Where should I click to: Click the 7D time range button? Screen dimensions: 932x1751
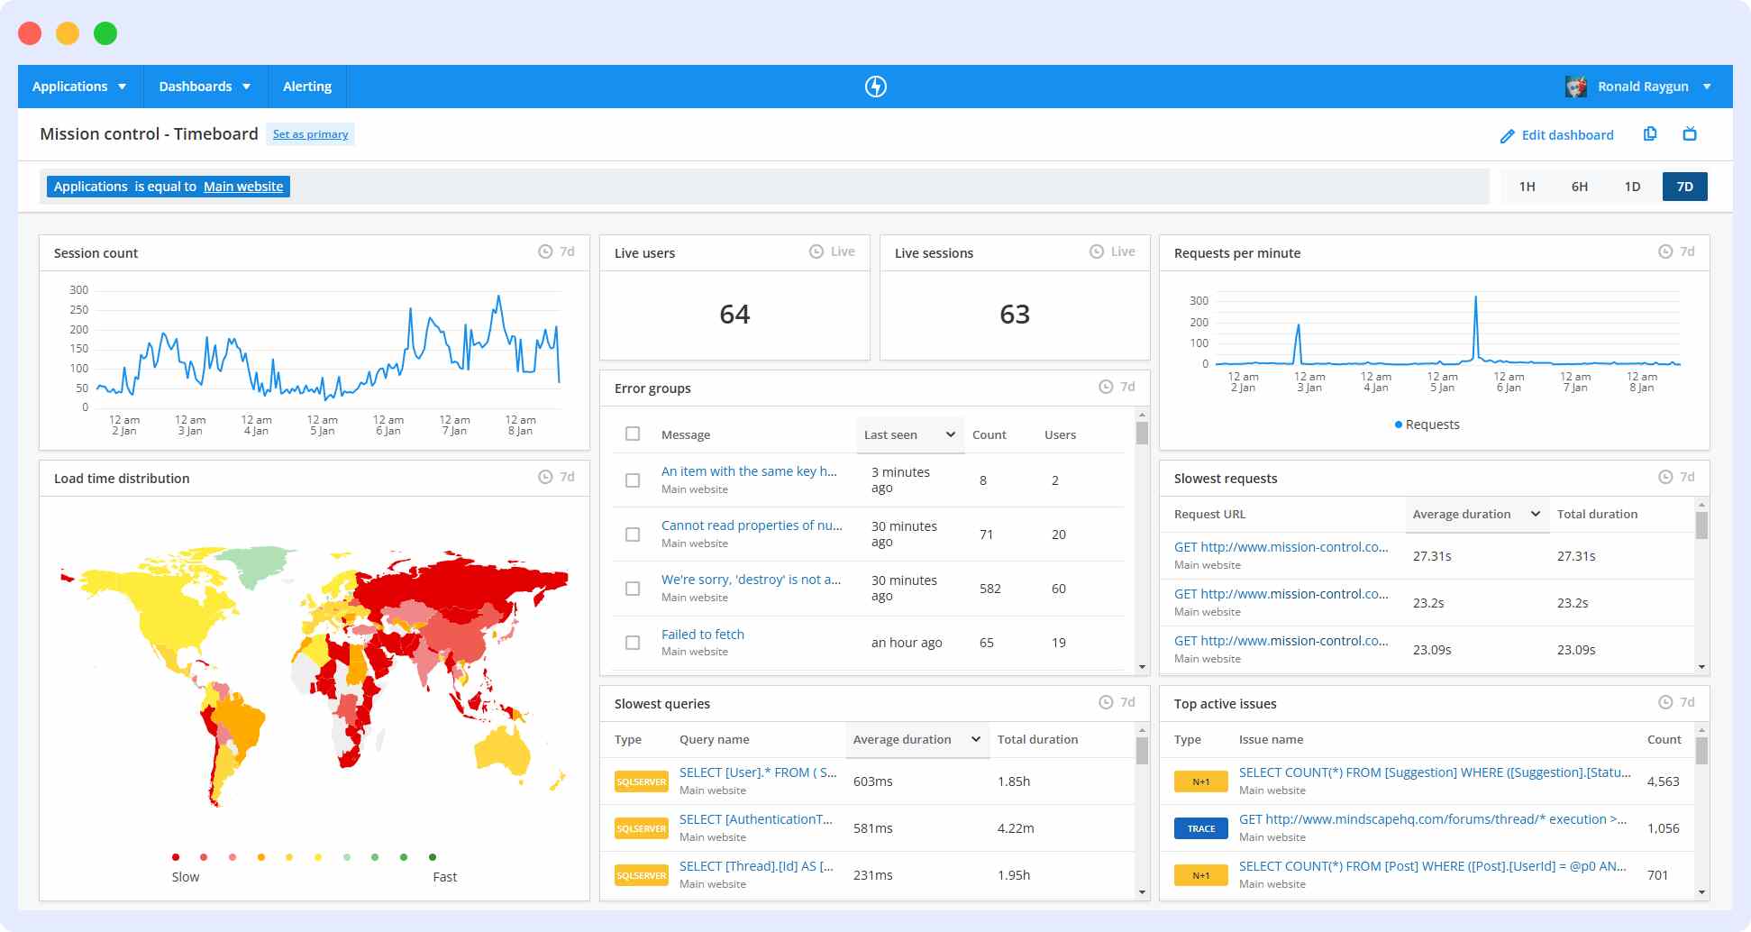click(x=1684, y=187)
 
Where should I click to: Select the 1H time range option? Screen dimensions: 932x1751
click(x=1527, y=187)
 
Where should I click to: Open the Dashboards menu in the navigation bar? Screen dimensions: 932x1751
click(x=205, y=87)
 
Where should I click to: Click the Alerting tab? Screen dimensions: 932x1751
click(x=307, y=87)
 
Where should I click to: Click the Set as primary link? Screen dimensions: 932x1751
click(x=310, y=134)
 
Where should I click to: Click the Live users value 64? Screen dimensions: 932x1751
click(x=734, y=315)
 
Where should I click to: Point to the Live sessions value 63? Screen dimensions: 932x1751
click(x=1014, y=315)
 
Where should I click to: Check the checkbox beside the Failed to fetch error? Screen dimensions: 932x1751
click(x=633, y=643)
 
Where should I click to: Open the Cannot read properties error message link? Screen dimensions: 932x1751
click(x=752, y=525)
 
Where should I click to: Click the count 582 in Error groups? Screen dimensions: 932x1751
click(x=989, y=589)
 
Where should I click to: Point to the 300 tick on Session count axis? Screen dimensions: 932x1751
click(x=79, y=290)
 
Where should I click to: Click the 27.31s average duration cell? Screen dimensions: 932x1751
click(x=1432, y=556)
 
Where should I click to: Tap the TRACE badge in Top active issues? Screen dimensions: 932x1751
click(x=1200, y=828)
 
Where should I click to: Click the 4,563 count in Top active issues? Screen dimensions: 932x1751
click(x=1663, y=781)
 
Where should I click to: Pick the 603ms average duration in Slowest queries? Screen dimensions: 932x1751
click(x=872, y=781)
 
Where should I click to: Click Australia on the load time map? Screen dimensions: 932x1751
click(x=501, y=749)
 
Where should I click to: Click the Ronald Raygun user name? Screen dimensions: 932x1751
click(x=1642, y=87)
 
